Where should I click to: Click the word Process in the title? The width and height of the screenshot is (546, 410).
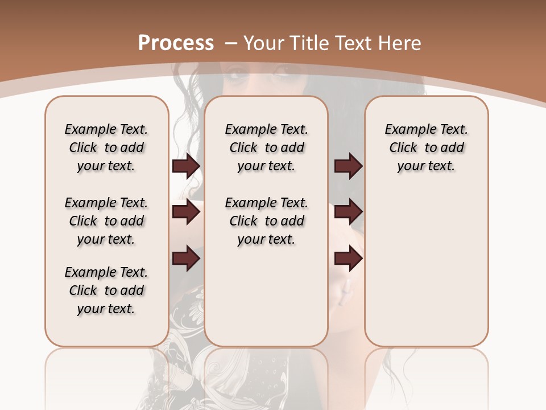[176, 43]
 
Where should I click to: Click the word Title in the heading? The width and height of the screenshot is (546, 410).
[308, 43]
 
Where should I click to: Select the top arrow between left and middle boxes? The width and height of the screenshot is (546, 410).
[186, 166]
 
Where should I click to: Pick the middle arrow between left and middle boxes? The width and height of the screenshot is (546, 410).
[186, 212]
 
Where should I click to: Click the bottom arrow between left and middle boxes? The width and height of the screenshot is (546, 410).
[186, 259]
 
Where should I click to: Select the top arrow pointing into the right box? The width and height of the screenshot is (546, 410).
[349, 166]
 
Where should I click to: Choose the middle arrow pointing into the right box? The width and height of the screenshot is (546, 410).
[349, 212]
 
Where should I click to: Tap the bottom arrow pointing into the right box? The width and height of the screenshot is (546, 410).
[349, 259]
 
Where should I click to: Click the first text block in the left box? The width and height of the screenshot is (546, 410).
[106, 147]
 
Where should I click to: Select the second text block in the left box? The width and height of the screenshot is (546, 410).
[106, 221]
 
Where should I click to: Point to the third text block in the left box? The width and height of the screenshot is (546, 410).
[106, 290]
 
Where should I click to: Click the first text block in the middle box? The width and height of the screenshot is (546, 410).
[266, 147]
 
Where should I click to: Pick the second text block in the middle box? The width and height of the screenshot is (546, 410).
[266, 221]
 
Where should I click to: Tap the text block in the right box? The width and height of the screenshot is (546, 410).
[426, 147]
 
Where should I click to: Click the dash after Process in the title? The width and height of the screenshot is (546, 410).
[231, 43]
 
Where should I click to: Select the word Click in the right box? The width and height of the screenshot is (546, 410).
[403, 148]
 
